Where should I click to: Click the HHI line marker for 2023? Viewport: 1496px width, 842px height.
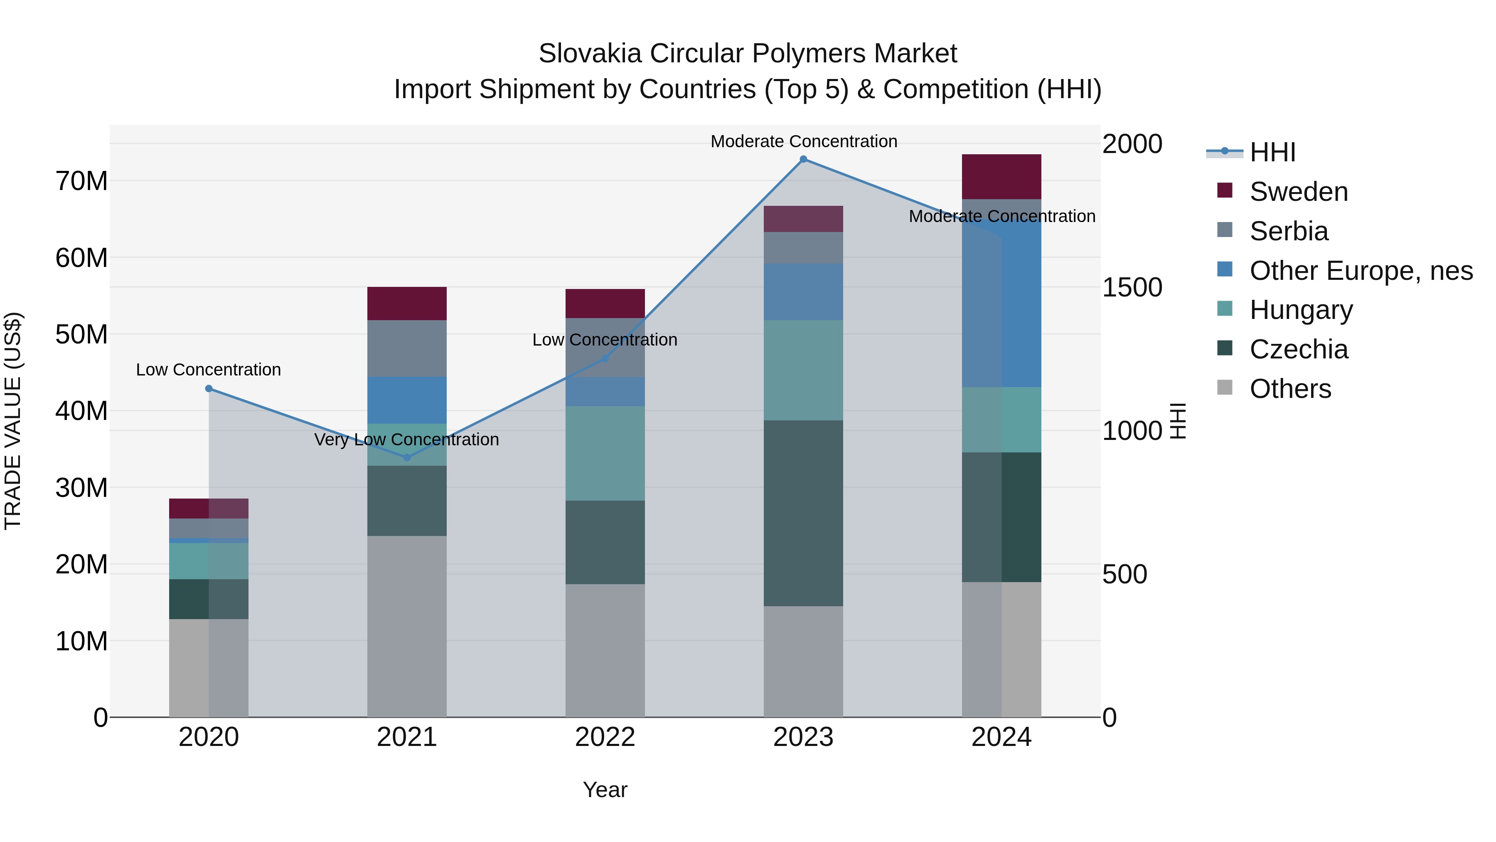(803, 159)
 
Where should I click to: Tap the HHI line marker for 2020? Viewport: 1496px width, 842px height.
(209, 389)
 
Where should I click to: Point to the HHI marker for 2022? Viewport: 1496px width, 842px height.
(605, 358)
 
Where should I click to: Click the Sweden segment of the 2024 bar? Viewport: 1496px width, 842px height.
(1001, 177)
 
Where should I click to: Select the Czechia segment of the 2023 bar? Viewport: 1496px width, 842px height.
(803, 513)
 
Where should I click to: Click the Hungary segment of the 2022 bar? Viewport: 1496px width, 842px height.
(605, 453)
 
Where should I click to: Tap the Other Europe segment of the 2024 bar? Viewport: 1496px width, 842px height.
(1001, 294)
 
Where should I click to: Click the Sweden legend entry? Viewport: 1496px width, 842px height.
(1299, 192)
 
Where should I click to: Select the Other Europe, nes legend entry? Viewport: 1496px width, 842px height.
(1361, 271)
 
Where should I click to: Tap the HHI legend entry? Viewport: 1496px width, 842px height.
(1272, 152)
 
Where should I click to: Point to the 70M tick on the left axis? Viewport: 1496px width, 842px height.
(81, 181)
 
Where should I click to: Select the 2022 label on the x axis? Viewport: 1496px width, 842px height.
(605, 737)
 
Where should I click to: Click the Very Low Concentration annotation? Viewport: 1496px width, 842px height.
(406, 440)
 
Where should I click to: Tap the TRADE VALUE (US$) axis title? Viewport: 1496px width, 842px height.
(13, 421)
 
